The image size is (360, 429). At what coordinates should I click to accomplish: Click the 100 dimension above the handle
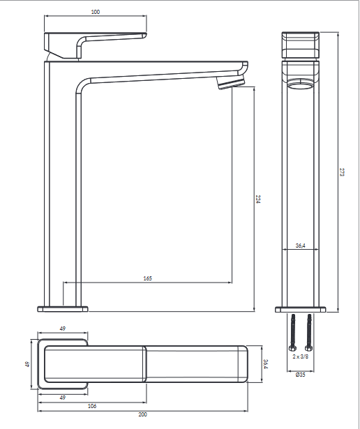96,12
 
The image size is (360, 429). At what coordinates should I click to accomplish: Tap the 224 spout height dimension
258,199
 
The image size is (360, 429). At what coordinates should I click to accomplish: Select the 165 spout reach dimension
147,278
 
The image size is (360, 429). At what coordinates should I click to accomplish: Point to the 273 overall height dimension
342,172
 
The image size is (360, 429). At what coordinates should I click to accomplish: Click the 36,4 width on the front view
301,246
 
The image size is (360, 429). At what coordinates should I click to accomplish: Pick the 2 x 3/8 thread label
301,356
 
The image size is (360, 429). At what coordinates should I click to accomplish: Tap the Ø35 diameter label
301,375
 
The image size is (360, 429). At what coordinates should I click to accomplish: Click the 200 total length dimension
142,414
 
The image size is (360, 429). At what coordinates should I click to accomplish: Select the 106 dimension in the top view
92,406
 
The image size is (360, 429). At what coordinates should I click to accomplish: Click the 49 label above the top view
63,329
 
